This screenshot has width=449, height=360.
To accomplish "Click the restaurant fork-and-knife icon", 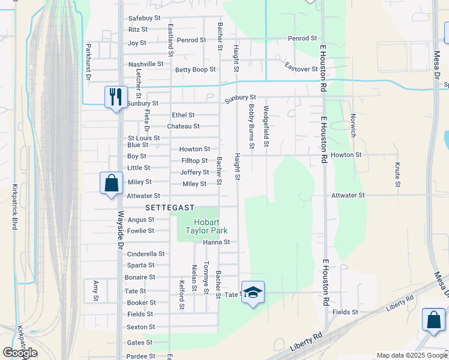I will point(116,96).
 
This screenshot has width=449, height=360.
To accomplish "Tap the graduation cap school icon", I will point(253,292).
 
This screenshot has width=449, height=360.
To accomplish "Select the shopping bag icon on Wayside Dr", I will point(112,182).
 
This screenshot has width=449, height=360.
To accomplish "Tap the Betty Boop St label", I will point(195,70).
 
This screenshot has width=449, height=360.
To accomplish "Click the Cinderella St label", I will point(146,254).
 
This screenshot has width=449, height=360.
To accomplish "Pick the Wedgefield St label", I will point(266,127).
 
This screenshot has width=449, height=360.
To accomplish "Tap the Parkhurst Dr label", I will point(88,62).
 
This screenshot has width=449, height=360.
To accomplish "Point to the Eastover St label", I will point(301,67).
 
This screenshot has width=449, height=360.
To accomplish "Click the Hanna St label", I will point(217,242).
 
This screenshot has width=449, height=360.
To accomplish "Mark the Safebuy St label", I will point(145,18).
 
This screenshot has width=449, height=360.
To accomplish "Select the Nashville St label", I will point(146,64).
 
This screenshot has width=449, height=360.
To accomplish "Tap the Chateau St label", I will point(183,126).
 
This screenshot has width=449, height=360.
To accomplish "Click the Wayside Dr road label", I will point(120,230).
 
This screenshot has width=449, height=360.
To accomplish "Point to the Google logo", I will point(20,353).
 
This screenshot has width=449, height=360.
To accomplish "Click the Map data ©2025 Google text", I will point(411,355).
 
